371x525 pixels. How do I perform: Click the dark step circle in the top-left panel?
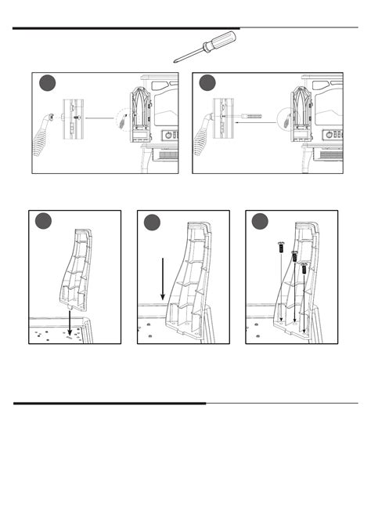(49, 84)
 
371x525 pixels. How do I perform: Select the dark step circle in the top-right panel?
(208, 84)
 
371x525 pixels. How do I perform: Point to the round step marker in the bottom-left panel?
(45, 222)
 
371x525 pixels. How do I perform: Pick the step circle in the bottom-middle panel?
(153, 222)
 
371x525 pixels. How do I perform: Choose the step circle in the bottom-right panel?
(261, 222)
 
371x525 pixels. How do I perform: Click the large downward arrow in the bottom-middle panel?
(161, 277)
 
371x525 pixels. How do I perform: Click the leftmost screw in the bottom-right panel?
(280, 247)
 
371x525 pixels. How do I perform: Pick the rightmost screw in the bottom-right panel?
(303, 267)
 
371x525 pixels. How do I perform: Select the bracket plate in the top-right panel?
(229, 118)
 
